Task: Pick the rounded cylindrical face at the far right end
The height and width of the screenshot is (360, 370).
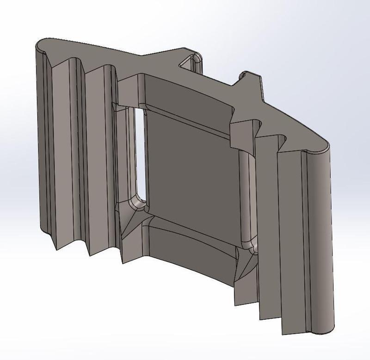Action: tap(322, 241)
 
